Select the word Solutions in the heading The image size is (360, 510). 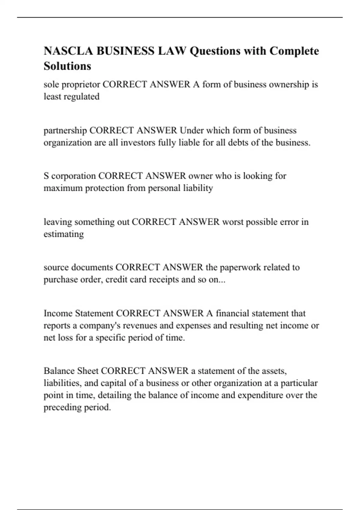click(x=67, y=66)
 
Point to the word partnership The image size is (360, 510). click(x=65, y=130)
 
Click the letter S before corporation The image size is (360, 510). click(x=46, y=176)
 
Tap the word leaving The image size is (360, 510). click(x=58, y=222)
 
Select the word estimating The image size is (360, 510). click(x=64, y=234)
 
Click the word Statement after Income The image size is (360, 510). click(x=94, y=313)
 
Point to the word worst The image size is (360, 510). click(x=233, y=222)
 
